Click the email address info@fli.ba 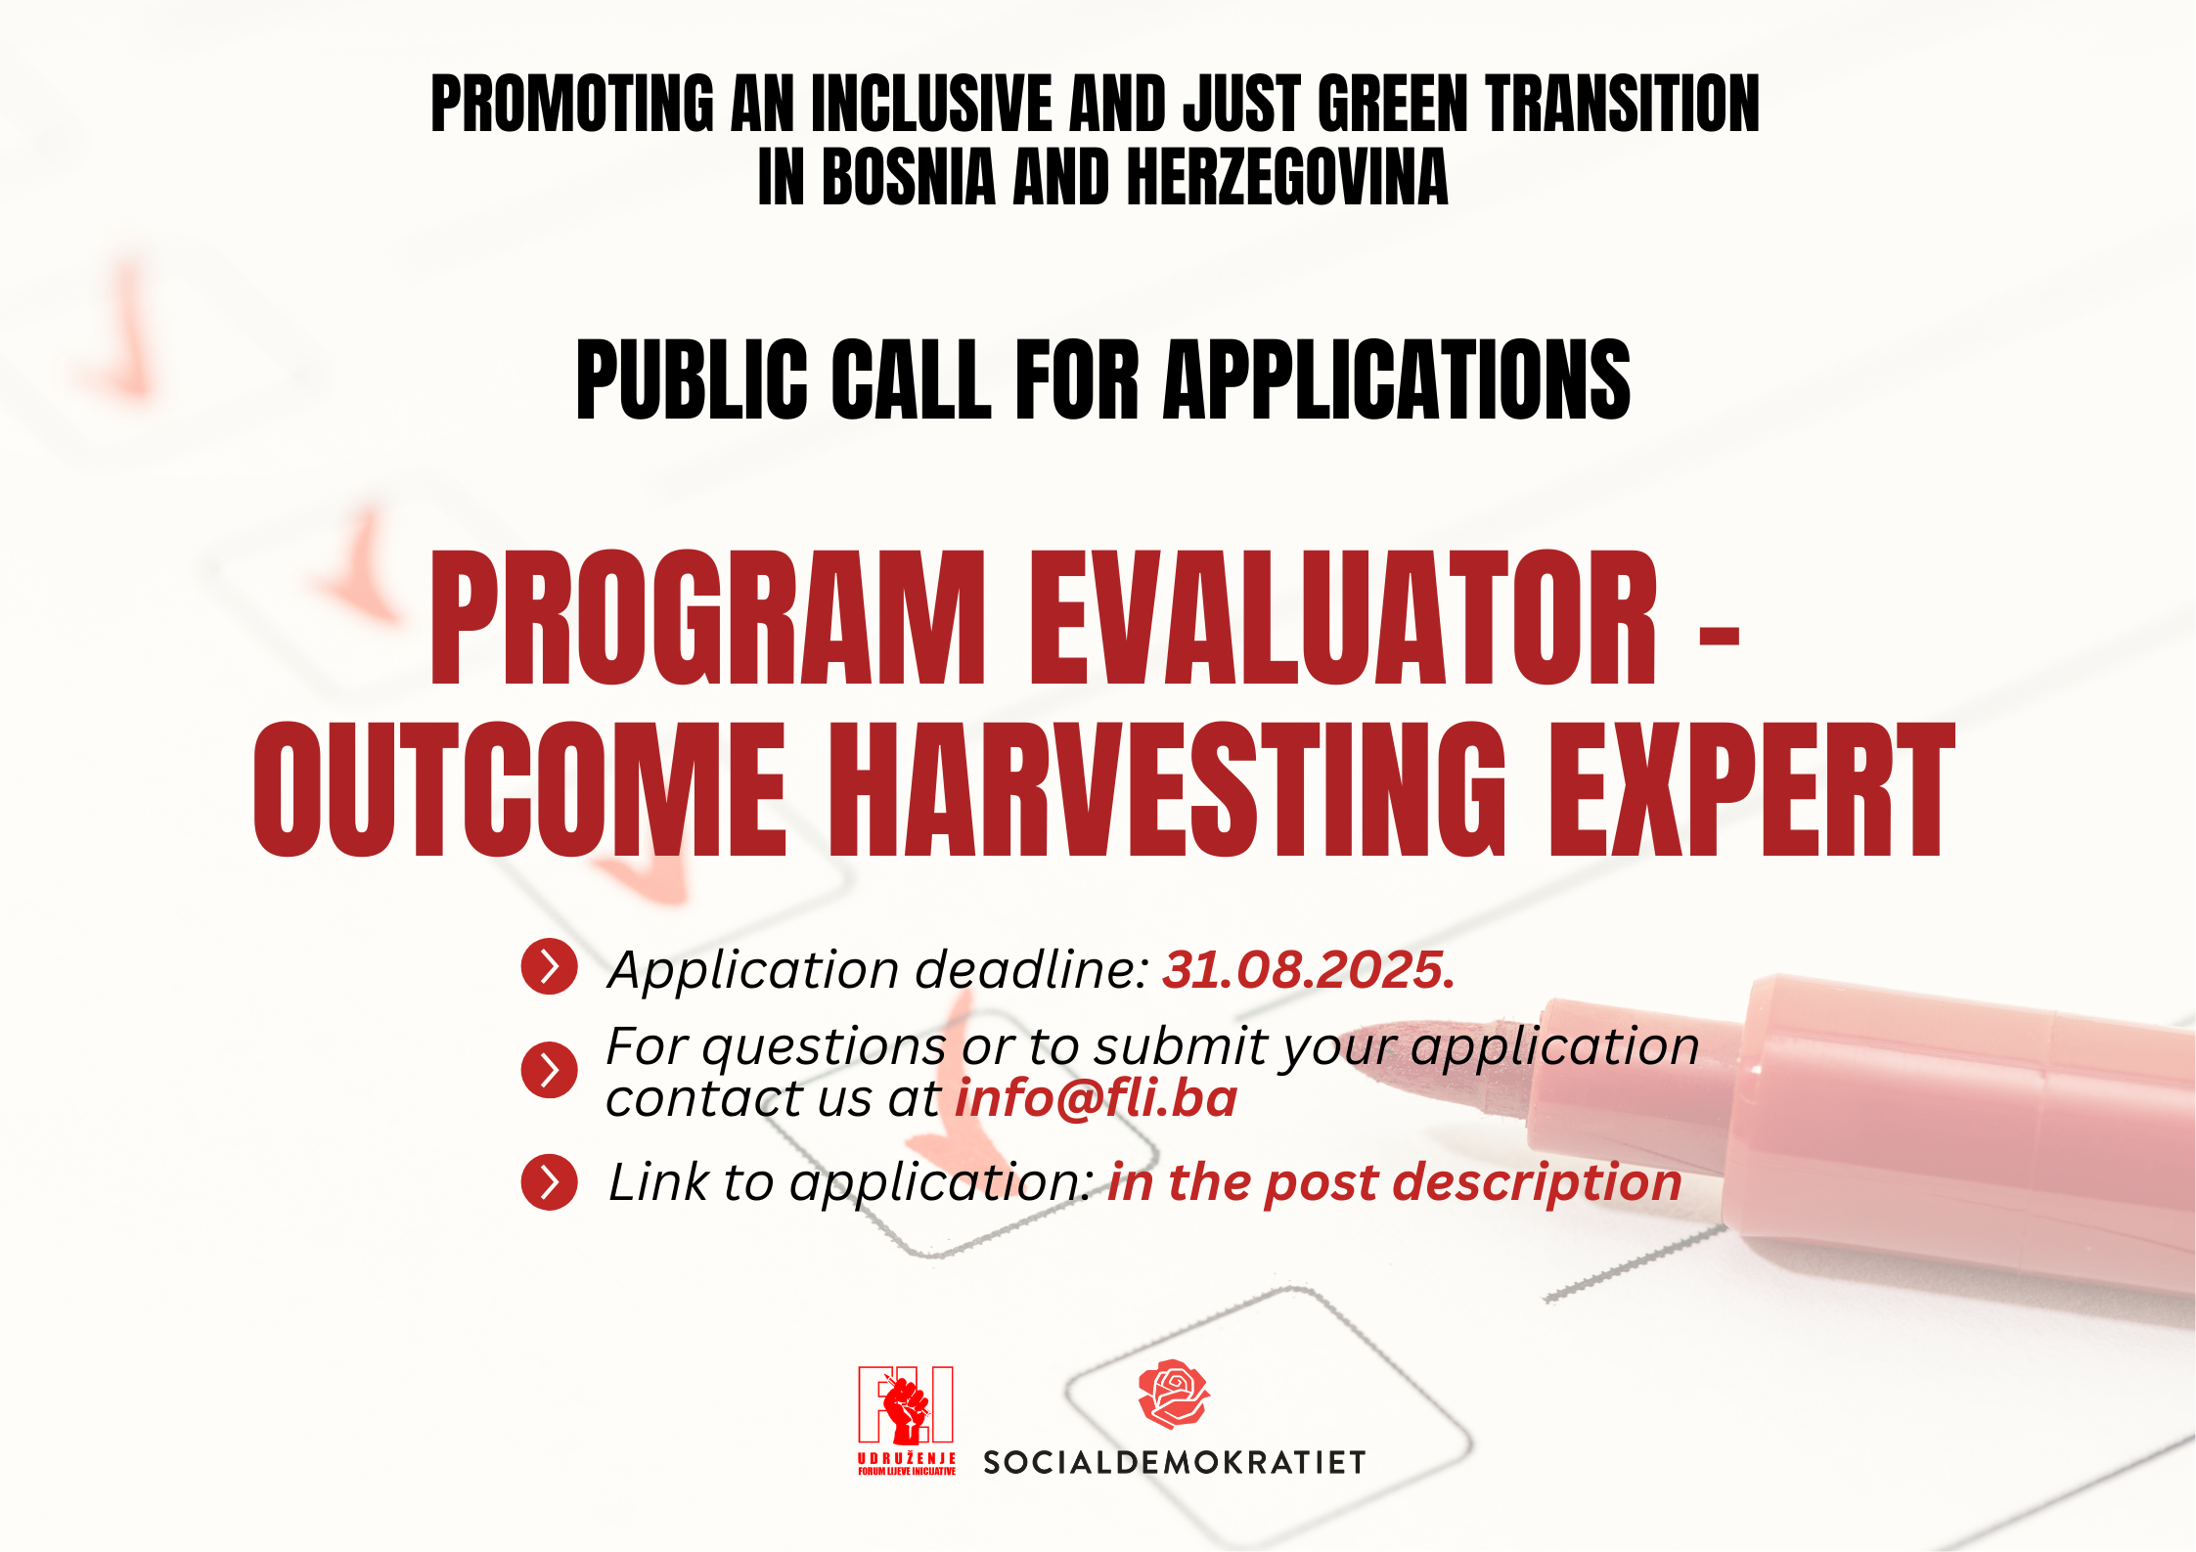click(x=1096, y=1098)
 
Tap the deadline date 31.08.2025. click(x=1309, y=970)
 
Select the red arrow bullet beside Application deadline click(x=550, y=967)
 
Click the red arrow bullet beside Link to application click(x=550, y=1182)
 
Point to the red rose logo click(x=1174, y=1394)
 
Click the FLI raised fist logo click(x=907, y=1408)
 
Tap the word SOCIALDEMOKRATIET click(x=1174, y=1462)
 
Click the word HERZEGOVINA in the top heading click(x=1287, y=177)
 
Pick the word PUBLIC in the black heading click(x=692, y=379)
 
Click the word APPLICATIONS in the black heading click(x=1397, y=379)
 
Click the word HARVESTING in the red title click(x=1168, y=789)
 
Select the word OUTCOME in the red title click(x=520, y=789)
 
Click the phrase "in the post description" click(x=1395, y=1182)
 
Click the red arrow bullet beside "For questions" click(x=550, y=1070)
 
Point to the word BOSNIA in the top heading click(x=909, y=177)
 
